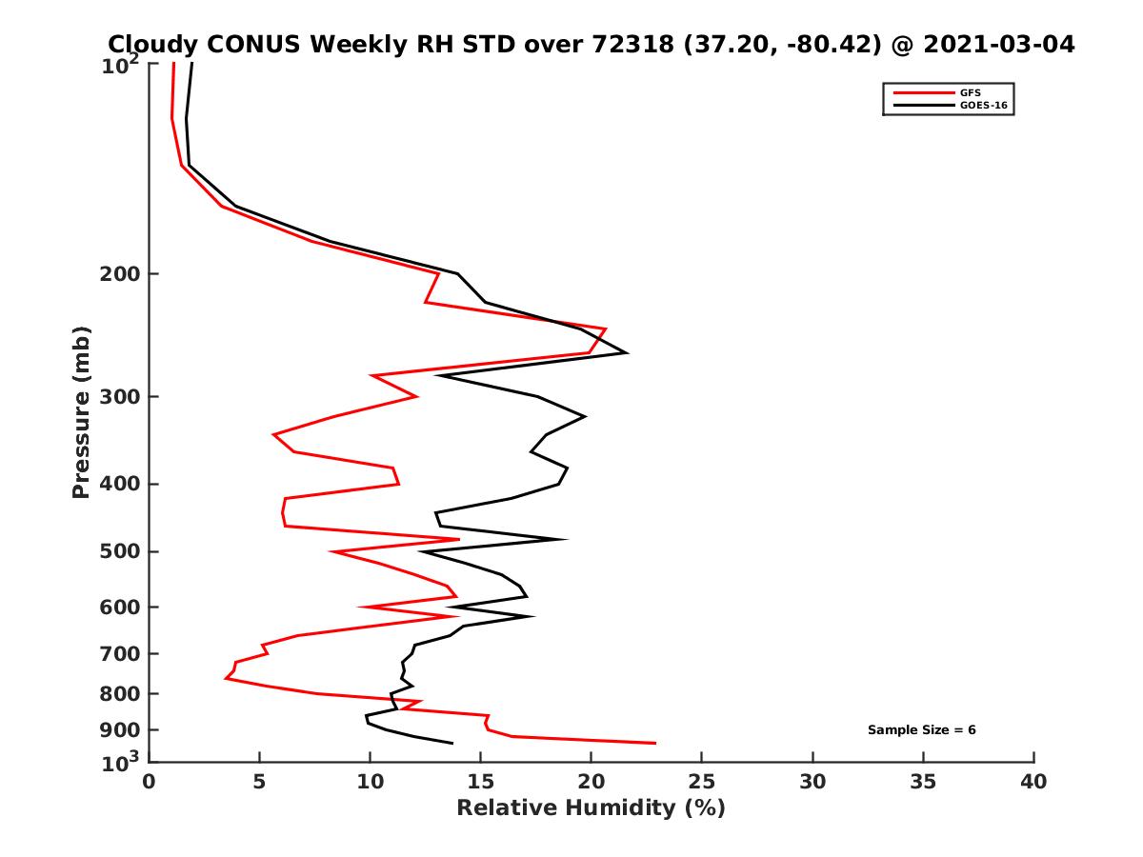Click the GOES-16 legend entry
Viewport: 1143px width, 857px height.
point(983,106)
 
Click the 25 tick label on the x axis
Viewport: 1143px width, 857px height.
point(702,782)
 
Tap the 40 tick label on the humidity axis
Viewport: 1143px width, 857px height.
point(1033,782)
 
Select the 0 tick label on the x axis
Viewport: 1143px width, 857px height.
point(150,782)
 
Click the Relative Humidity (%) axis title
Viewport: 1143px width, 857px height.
point(591,808)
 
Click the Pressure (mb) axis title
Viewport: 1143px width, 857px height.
point(81,411)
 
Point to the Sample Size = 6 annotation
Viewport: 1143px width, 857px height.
point(921,730)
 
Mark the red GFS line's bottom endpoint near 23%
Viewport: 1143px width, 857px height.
point(655,743)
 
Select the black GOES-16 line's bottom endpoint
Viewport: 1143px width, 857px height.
point(452,743)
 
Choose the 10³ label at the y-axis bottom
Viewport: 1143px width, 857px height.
point(122,761)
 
